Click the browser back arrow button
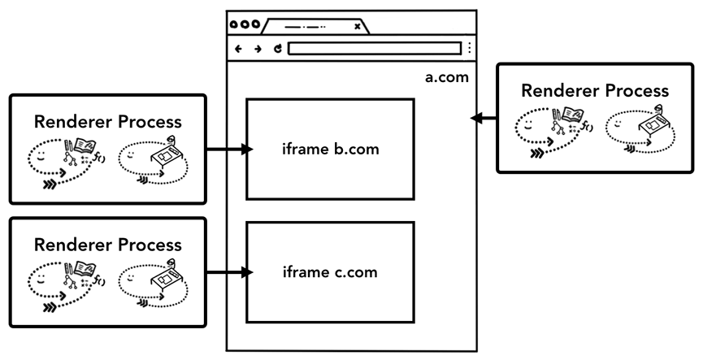coord(239,49)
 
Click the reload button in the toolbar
coord(277,49)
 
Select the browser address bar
coord(374,49)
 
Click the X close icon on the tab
coord(358,26)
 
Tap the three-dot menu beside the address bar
coord(469,49)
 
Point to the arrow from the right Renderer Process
coord(484,119)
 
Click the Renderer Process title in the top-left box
coord(107,122)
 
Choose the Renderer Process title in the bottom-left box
coord(107,245)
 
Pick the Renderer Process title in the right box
coord(594,90)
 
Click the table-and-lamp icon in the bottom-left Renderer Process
coord(163,279)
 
